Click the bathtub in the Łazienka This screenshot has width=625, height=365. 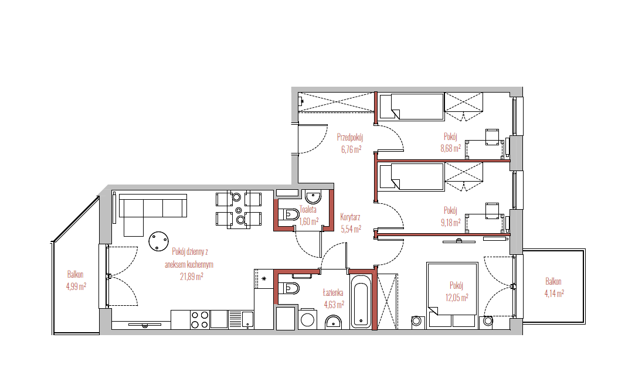point(362,302)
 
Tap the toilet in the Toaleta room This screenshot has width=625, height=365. point(289,215)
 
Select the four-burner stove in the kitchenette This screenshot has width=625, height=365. point(199,319)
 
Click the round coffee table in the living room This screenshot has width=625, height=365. point(159,241)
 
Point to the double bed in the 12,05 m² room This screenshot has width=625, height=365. point(452,295)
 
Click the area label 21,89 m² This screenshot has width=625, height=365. point(191,277)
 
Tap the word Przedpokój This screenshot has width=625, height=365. point(349,138)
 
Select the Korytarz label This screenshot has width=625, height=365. point(350,217)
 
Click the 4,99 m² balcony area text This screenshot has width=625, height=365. point(76,286)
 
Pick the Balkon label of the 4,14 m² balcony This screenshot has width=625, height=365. point(553,281)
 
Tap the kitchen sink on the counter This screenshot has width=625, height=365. point(242,319)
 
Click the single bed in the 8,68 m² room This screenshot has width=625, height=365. point(412,107)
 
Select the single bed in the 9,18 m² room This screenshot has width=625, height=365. point(412,176)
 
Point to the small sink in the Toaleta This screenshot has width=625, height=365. point(313,197)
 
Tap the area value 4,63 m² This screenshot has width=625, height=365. point(334,305)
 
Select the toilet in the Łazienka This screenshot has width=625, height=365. point(289,288)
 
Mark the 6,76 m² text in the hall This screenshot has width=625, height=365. point(351,149)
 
